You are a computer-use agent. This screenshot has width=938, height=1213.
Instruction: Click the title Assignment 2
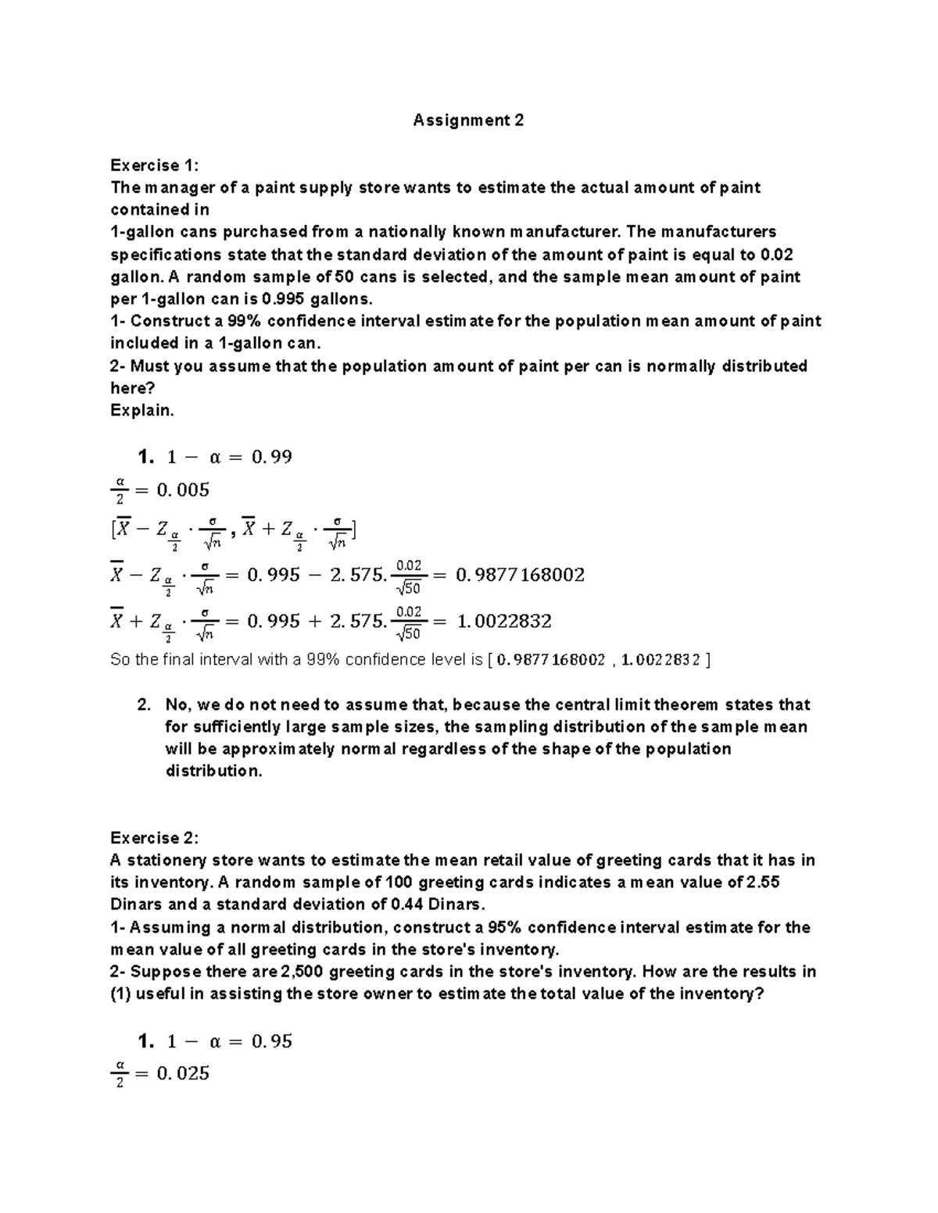468,120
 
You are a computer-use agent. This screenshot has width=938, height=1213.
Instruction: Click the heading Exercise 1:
155,165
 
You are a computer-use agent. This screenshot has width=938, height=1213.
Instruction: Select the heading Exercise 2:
155,838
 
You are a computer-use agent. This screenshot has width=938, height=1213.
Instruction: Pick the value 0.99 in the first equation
271,457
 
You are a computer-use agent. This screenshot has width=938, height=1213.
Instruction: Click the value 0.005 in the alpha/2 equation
183,491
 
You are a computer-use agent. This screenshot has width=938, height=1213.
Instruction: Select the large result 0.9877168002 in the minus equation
520,576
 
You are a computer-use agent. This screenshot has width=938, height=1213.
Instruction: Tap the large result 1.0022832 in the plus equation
503,622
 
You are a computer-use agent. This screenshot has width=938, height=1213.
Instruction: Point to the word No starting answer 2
177,705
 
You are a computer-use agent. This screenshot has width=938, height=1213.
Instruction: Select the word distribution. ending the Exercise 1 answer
213,771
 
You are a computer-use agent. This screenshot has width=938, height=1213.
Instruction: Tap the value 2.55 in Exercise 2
763,883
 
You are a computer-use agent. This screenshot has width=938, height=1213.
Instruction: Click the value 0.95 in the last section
271,1041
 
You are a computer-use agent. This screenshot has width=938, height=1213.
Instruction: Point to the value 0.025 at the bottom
183,1074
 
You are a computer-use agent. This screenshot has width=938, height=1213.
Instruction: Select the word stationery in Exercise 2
171,861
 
